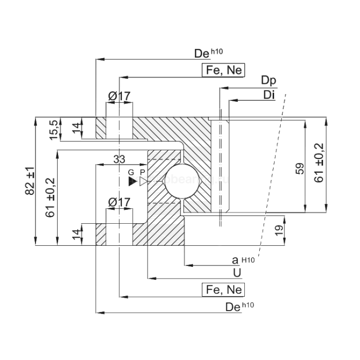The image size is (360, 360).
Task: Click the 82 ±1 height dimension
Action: [29, 181]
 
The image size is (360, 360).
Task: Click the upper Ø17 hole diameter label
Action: [119, 96]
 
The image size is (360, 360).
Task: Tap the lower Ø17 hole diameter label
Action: [119, 202]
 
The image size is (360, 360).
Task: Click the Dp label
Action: [268, 81]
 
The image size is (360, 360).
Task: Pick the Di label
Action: [268, 95]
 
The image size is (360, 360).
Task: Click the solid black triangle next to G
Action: [132, 181]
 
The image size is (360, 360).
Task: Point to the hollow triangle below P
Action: [143, 181]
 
